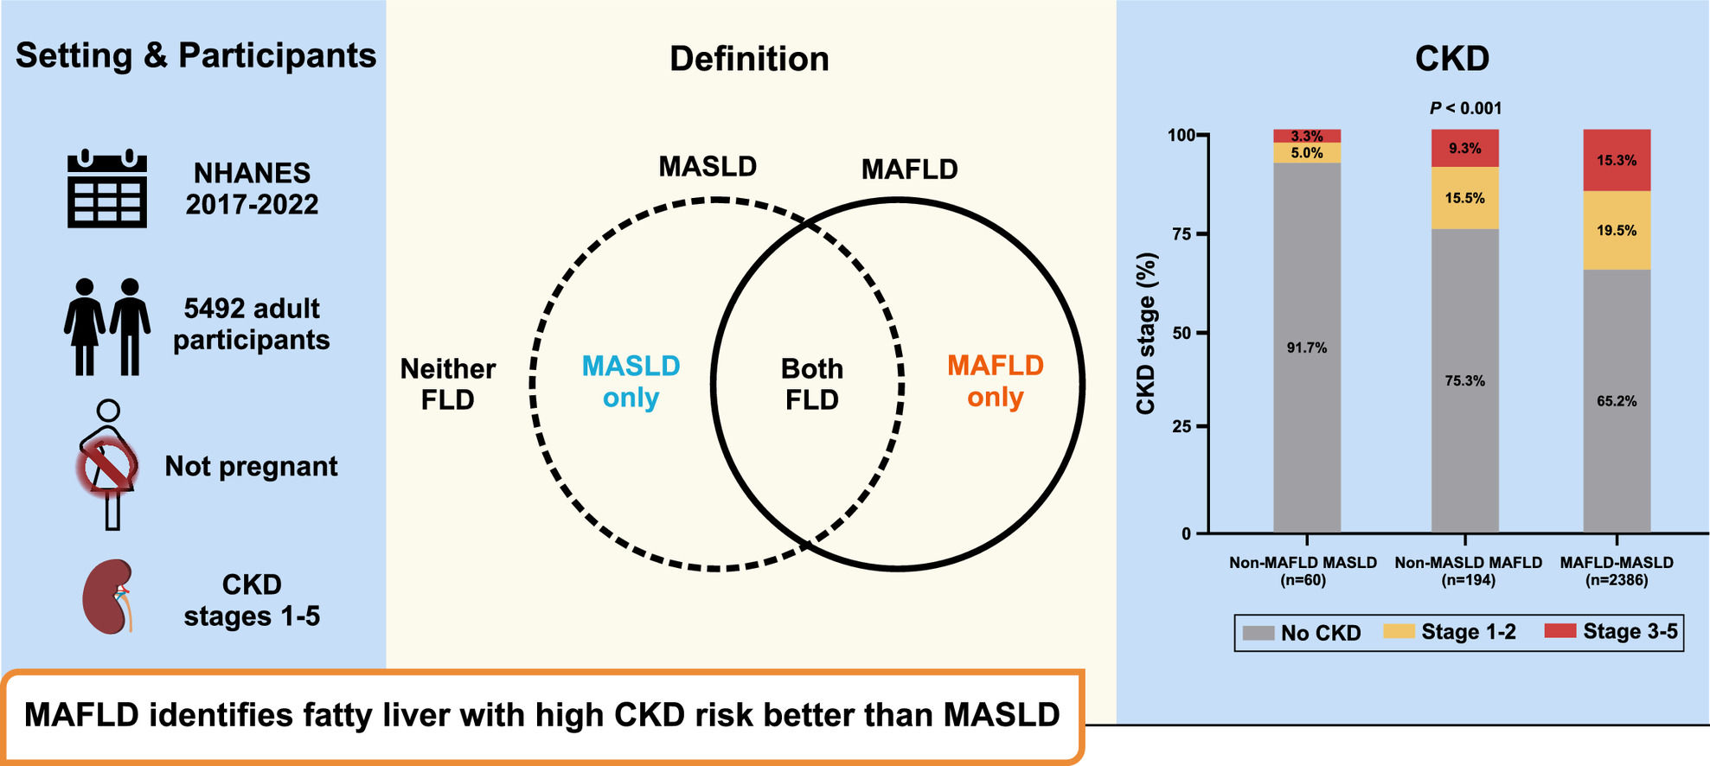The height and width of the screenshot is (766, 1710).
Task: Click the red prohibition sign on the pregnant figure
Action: point(107,467)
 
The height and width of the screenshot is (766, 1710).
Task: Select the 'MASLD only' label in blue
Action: point(631,381)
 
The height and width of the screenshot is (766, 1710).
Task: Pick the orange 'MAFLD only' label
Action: point(995,381)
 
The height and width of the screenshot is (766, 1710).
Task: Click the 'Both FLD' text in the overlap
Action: point(811,384)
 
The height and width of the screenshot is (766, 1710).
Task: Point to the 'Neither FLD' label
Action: point(447,384)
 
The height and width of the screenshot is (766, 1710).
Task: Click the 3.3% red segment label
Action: point(1306,136)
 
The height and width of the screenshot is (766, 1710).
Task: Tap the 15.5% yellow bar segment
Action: point(1464,198)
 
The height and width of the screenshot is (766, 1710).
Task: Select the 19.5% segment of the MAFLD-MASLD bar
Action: point(1616,231)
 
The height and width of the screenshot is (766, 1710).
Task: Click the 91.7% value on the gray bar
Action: point(1306,348)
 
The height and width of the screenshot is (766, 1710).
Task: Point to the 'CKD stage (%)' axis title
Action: point(1146,334)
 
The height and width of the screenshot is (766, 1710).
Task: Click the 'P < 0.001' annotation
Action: point(1465,108)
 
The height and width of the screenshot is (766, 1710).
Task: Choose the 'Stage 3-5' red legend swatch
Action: point(1559,631)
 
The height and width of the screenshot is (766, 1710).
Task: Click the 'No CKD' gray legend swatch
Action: point(1258,633)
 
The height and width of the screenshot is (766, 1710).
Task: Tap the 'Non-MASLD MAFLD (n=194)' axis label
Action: point(1468,571)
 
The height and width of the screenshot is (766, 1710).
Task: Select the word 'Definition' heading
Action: point(749,59)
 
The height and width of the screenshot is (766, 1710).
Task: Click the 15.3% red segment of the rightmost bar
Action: point(1616,160)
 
